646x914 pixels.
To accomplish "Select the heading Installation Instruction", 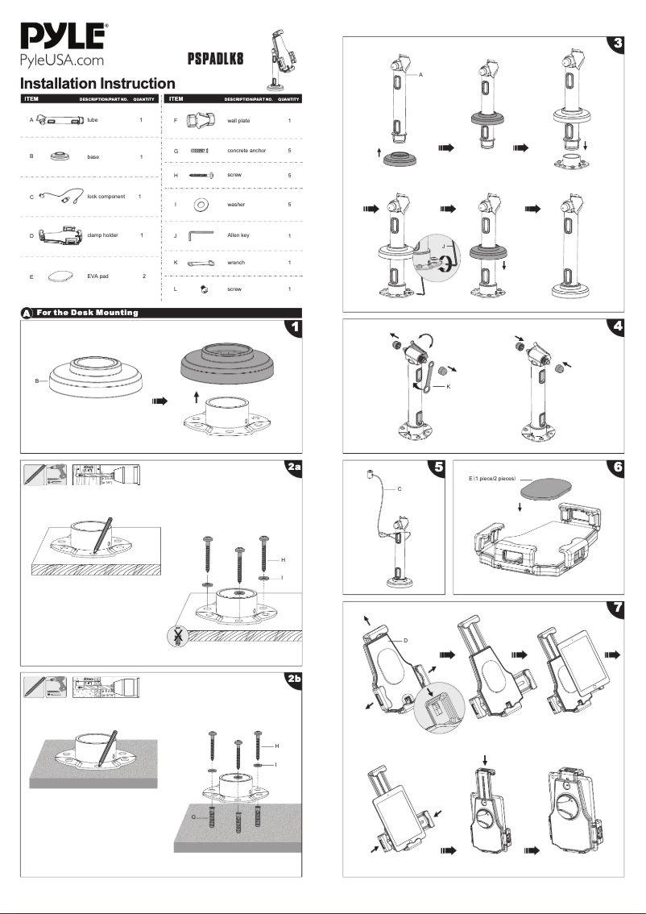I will click(x=97, y=84).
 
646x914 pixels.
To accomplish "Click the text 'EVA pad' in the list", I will click(x=99, y=276).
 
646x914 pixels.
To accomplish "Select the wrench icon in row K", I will click(x=199, y=264).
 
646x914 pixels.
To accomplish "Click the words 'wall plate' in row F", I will click(x=240, y=120).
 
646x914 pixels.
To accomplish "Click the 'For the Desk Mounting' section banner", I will click(x=88, y=313).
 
